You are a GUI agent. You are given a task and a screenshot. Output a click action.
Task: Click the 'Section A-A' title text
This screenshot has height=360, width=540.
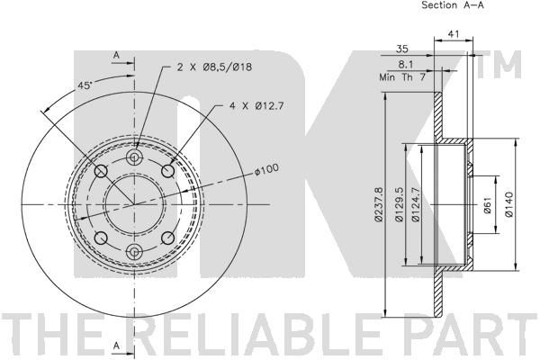[453, 5]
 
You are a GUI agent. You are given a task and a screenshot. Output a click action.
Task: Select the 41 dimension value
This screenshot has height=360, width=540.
[454, 34]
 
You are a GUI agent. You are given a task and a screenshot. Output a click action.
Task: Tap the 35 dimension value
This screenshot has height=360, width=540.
[402, 49]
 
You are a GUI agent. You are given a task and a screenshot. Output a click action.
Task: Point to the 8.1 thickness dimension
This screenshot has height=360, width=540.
[406, 65]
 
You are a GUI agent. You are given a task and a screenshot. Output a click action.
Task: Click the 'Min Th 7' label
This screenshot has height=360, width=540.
[402, 77]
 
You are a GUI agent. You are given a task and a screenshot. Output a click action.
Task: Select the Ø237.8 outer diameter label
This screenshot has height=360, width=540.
[378, 204]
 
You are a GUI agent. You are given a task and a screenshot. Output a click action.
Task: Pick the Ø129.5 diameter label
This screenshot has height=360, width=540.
[399, 204]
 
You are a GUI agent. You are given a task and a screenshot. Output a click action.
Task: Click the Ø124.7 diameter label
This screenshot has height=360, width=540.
[415, 204]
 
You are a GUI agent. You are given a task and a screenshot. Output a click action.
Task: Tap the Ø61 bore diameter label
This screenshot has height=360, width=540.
[487, 205]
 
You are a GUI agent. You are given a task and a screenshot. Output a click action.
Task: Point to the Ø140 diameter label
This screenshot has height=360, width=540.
[509, 204]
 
